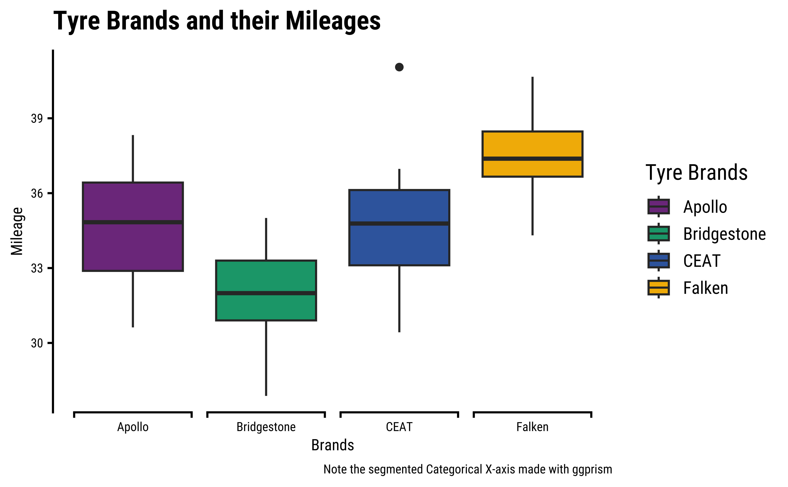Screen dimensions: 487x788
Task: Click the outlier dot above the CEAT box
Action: click(x=399, y=67)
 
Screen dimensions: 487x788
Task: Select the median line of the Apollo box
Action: click(x=133, y=222)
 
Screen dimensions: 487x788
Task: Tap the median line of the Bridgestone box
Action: click(x=266, y=293)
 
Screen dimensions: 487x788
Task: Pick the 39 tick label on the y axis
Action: click(x=37, y=119)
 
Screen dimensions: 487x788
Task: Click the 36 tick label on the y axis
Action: click(x=37, y=193)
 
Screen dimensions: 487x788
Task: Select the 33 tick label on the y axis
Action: click(x=37, y=268)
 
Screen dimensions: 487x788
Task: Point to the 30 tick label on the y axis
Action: click(x=37, y=343)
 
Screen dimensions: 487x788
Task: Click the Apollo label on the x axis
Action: click(x=133, y=427)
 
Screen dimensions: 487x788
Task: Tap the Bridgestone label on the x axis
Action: click(x=266, y=427)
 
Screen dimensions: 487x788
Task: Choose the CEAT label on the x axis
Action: click(x=399, y=427)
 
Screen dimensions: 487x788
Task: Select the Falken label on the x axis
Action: click(x=532, y=427)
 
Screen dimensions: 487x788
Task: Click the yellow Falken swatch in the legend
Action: click(x=659, y=288)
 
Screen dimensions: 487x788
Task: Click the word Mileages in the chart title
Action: click(x=333, y=21)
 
